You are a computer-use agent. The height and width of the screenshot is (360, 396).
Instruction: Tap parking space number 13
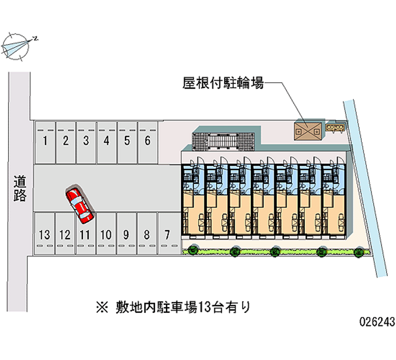[x=44, y=234]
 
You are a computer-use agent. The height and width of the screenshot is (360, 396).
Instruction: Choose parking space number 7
[x=167, y=234]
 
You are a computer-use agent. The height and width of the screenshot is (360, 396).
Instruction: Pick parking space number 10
[x=105, y=234]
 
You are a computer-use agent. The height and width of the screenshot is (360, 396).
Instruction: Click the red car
[x=80, y=204]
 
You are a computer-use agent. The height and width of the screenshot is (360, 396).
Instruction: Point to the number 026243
[x=377, y=322]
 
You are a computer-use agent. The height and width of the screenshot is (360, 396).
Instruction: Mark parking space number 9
[x=126, y=234]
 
